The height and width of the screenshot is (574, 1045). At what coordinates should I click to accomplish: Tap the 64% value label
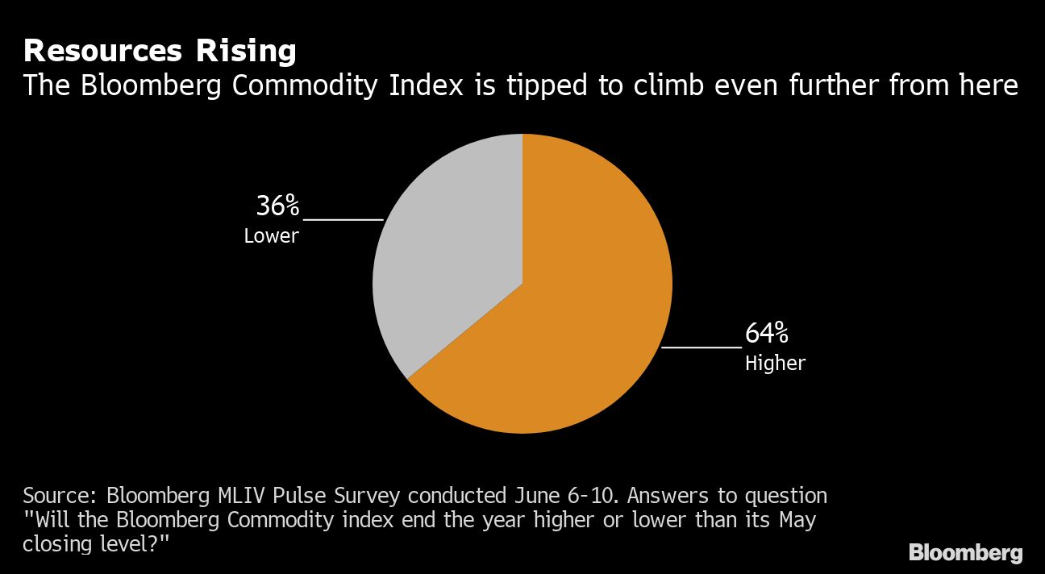click(766, 333)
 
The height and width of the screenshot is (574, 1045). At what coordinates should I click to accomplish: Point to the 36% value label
click(277, 206)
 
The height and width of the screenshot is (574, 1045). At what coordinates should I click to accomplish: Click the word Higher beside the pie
click(775, 363)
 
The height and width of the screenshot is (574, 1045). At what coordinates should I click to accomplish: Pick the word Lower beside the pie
click(271, 236)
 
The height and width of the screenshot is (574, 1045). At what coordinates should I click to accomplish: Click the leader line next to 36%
click(343, 218)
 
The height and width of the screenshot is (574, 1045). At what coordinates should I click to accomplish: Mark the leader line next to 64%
click(701, 347)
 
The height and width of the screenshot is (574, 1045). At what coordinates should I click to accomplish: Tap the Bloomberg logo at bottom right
click(965, 553)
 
